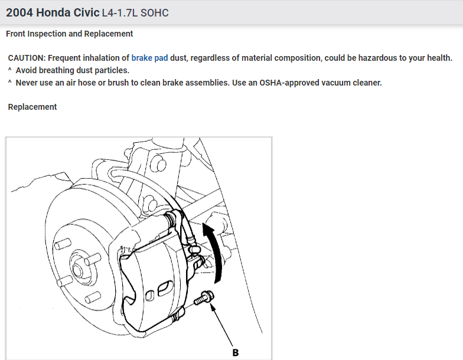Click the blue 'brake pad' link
click(x=149, y=58)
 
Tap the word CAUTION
click(x=27, y=58)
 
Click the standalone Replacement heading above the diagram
click(x=32, y=107)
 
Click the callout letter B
click(x=235, y=353)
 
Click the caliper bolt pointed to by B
click(x=204, y=297)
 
